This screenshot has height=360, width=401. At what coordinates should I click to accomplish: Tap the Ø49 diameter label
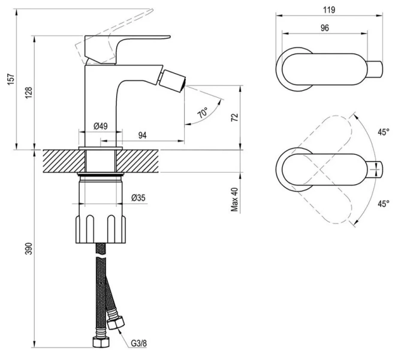click(x=100, y=126)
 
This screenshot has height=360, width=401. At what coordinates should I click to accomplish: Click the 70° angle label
click(x=203, y=113)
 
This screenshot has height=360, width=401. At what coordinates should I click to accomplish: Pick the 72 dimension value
click(x=234, y=117)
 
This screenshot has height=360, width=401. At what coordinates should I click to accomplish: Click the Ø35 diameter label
click(x=138, y=197)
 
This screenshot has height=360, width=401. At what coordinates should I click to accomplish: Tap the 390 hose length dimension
click(x=29, y=250)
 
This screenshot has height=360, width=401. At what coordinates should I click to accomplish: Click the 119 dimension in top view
click(x=328, y=10)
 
